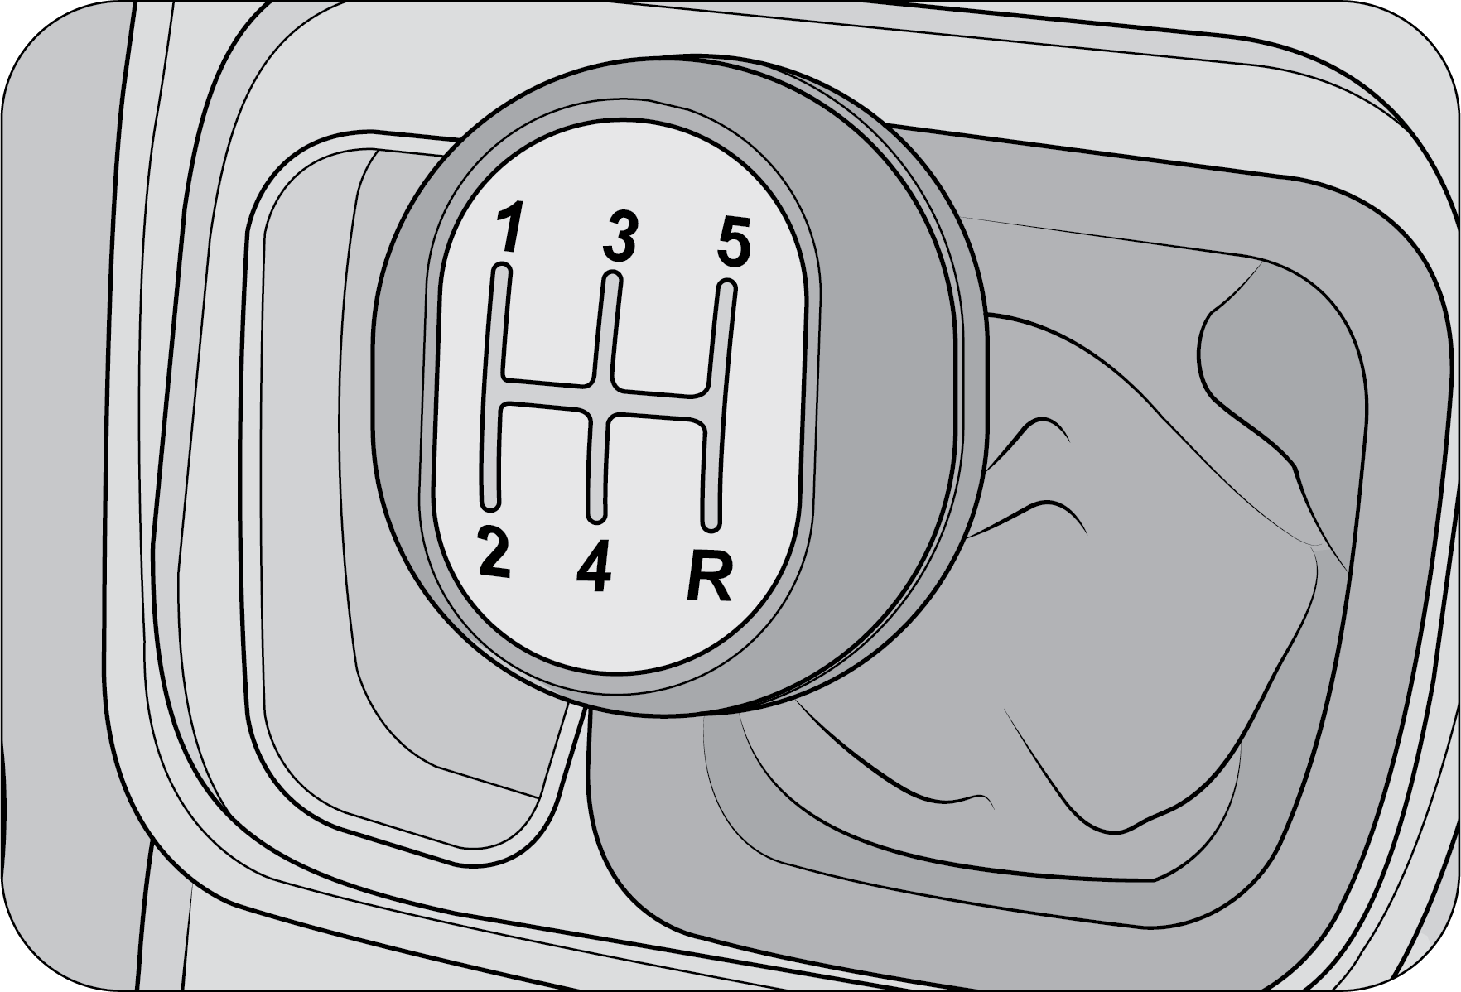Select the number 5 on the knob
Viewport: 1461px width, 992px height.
point(733,241)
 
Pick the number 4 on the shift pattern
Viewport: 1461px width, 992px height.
point(595,567)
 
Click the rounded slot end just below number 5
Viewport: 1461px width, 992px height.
point(726,289)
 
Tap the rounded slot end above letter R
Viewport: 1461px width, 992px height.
point(711,522)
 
